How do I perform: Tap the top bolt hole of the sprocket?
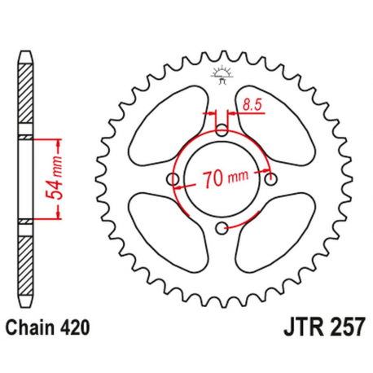point(222,128)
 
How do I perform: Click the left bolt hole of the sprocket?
point(172,179)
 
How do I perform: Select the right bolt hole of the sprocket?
point(273,178)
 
